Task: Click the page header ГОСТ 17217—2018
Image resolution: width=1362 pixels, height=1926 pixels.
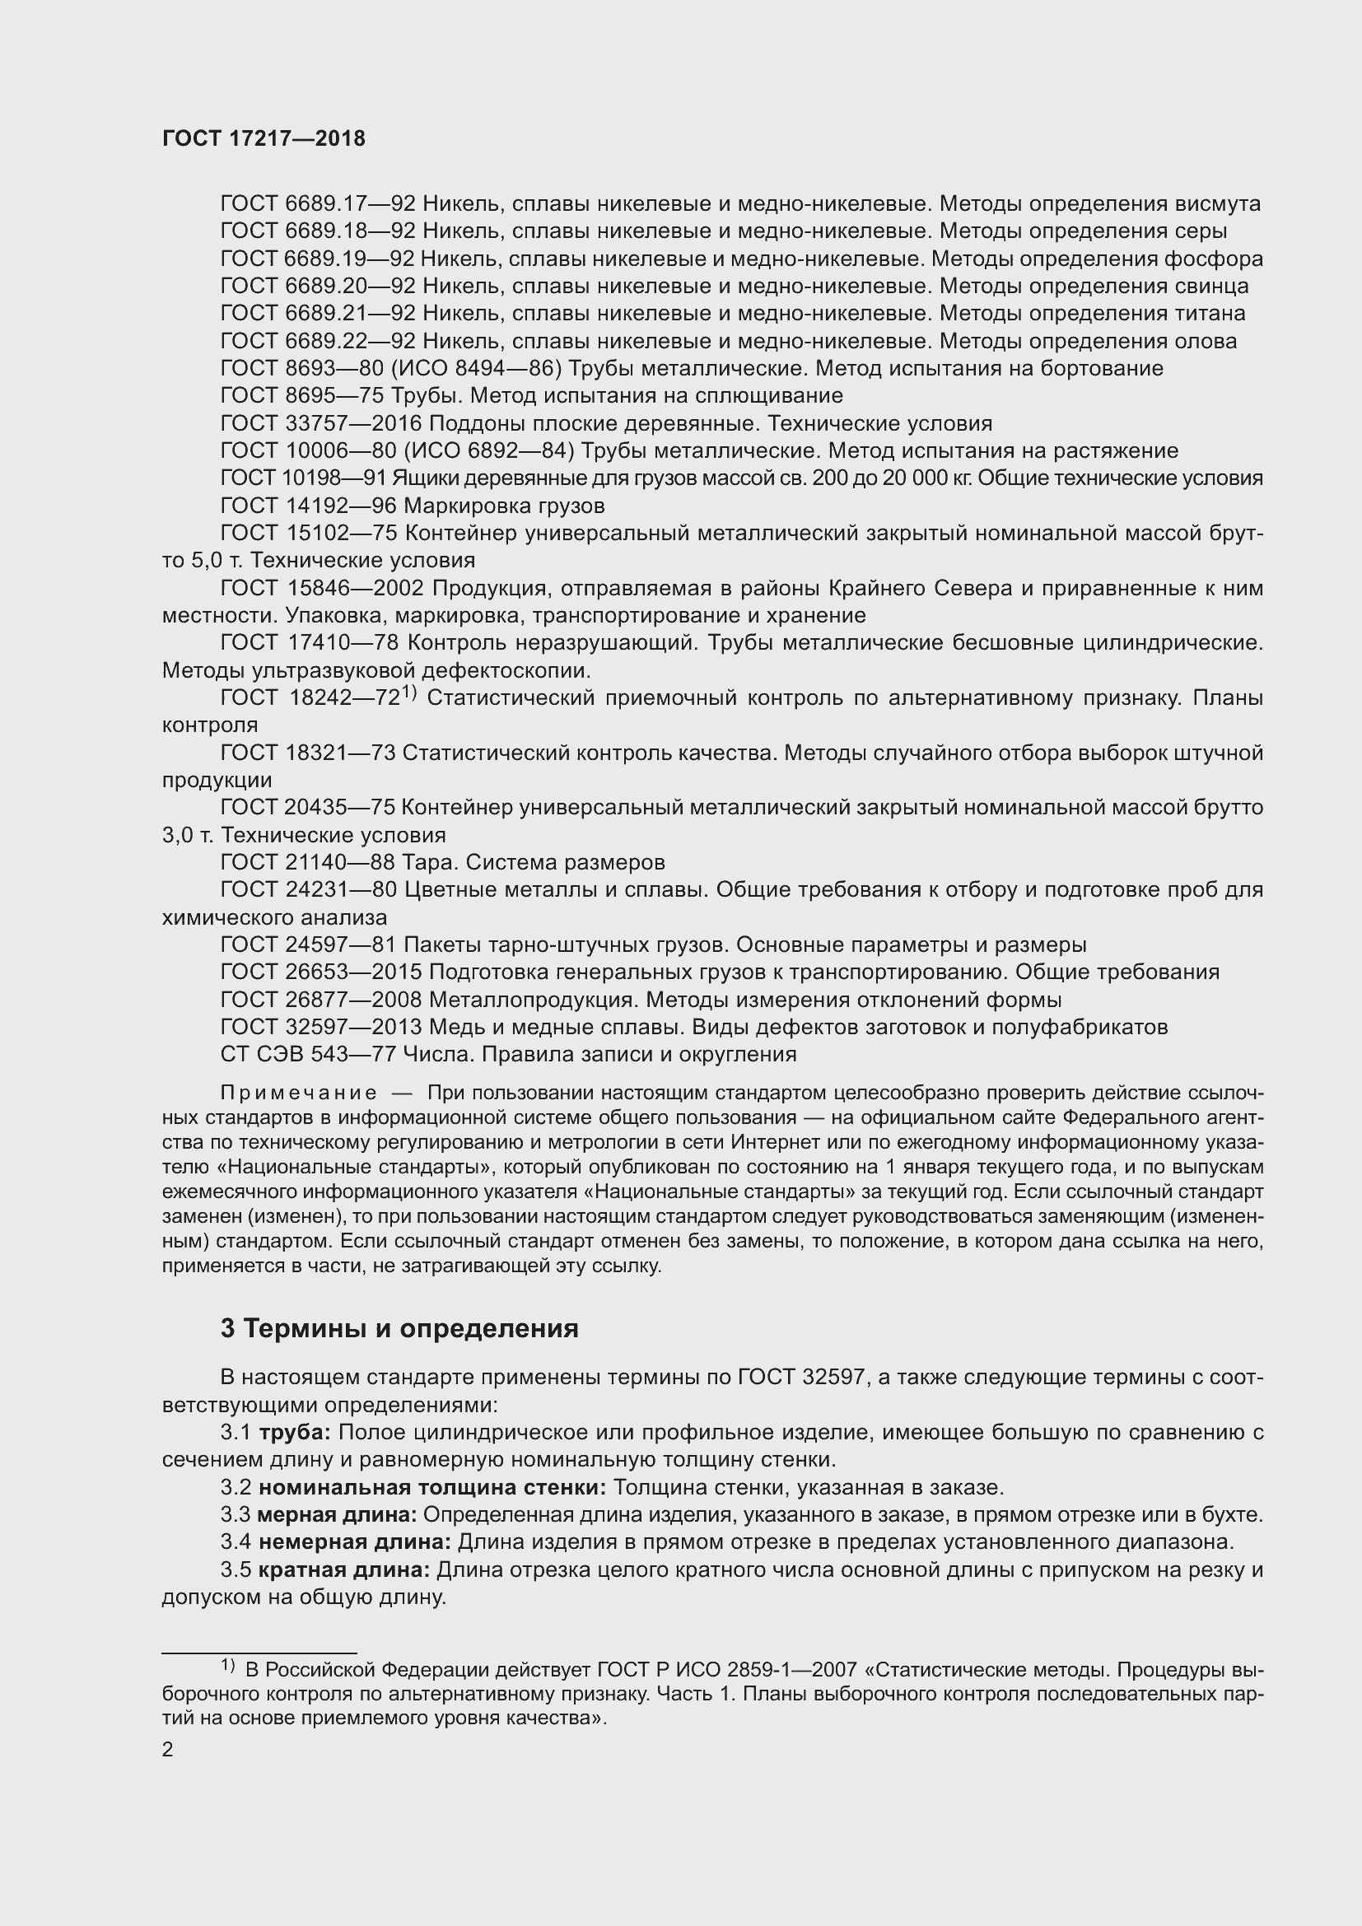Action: tap(264, 139)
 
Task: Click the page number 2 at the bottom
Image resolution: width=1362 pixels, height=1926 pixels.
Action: tap(168, 1749)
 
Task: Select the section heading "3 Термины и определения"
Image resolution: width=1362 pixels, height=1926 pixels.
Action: tap(399, 1329)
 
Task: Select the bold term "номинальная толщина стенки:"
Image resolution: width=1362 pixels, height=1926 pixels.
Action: tap(432, 1488)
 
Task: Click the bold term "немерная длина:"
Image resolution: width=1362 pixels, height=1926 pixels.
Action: tap(354, 1542)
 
